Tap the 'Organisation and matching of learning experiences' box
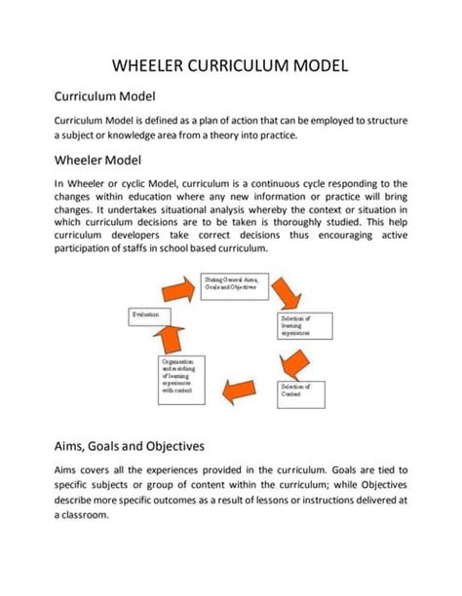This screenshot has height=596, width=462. tap(181, 376)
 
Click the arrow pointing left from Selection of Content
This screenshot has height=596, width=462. tap(240, 392)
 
